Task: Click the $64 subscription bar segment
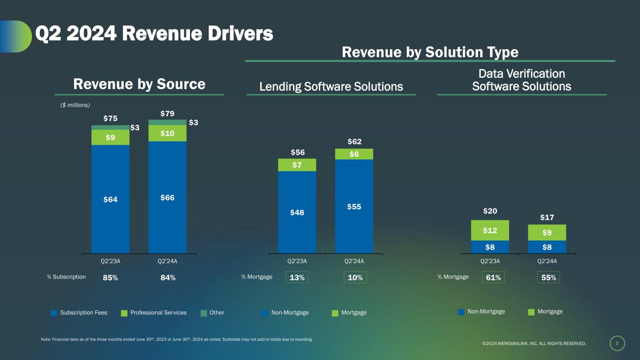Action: pyautogui.click(x=110, y=199)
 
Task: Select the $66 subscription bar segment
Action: pyautogui.click(x=167, y=197)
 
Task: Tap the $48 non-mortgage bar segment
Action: pyautogui.click(x=297, y=212)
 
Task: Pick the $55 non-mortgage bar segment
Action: pyautogui.click(x=354, y=206)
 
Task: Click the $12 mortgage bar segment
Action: pyautogui.click(x=490, y=230)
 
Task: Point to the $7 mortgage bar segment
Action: pyautogui.click(x=297, y=165)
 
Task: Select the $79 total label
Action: pyautogui.click(x=167, y=113)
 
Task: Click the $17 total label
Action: pyautogui.click(x=547, y=217)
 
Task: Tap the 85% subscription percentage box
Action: pyautogui.click(x=110, y=277)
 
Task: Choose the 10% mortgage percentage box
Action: pyautogui.click(x=354, y=277)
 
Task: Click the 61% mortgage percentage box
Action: pyautogui.click(x=493, y=277)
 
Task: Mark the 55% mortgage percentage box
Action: pyautogui.click(x=549, y=277)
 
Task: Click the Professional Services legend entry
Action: pyautogui.click(x=153, y=313)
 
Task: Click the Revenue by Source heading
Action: pyautogui.click(x=139, y=84)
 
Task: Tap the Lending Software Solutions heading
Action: pyautogui.click(x=331, y=86)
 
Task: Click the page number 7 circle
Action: pyautogui.click(x=617, y=344)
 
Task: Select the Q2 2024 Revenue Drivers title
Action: pyautogui.click(x=154, y=33)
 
